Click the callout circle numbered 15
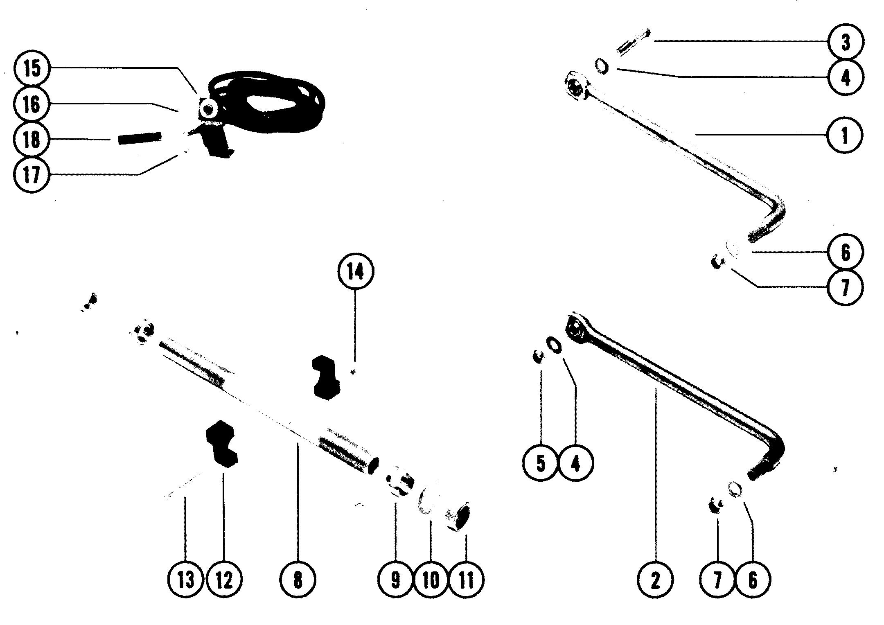tap(32, 68)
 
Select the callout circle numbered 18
tap(32, 139)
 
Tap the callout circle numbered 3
tap(845, 42)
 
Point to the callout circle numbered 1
tap(844, 135)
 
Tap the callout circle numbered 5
tap(541, 463)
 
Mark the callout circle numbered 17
tap(32, 175)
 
